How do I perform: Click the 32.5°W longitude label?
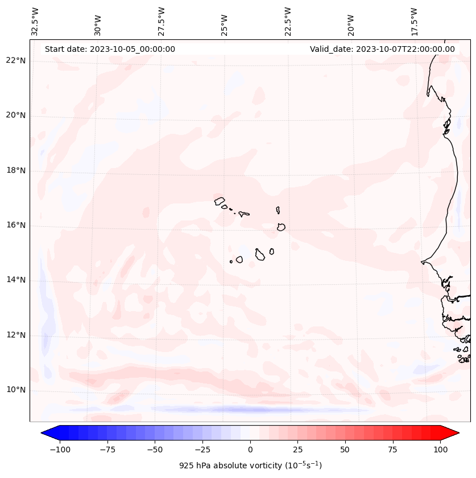tap(35, 22)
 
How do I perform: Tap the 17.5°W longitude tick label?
tap(414, 22)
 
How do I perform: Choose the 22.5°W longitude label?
tap(288, 22)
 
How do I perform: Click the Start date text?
tap(110, 49)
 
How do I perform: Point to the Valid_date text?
tap(382, 49)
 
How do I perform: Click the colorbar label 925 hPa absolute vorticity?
tap(250, 465)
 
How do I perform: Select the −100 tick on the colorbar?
tap(60, 450)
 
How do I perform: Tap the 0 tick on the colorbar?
tap(250, 450)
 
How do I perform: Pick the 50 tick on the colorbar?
tap(345, 450)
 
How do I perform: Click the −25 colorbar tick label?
tap(202, 450)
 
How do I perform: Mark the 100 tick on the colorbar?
tap(440, 450)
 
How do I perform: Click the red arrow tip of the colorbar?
tap(454, 433)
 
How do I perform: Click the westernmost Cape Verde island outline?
tap(220, 201)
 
